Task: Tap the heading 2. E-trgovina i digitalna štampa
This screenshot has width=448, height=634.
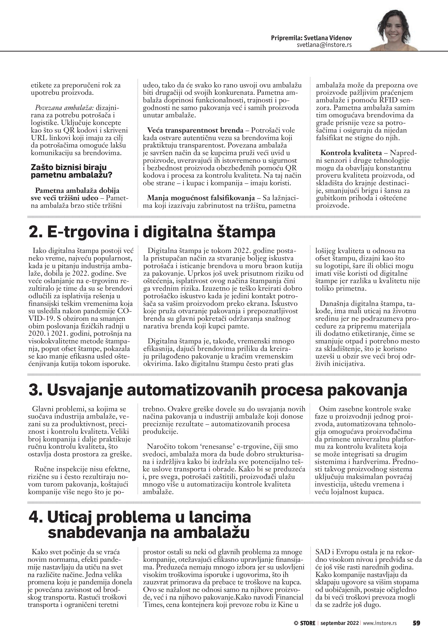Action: pyautogui.click(x=152, y=231)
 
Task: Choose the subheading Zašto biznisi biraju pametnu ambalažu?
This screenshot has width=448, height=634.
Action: pyautogui.click(x=69, y=171)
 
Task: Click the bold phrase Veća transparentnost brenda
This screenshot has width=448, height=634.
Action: pyautogui.click(x=195, y=130)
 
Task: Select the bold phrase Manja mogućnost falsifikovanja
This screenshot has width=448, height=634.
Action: pyautogui.click(x=201, y=198)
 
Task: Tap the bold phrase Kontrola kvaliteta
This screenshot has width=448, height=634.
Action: pyautogui.click(x=351, y=153)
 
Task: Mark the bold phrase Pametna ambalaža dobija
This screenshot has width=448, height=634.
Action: pyautogui.click(x=77, y=190)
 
